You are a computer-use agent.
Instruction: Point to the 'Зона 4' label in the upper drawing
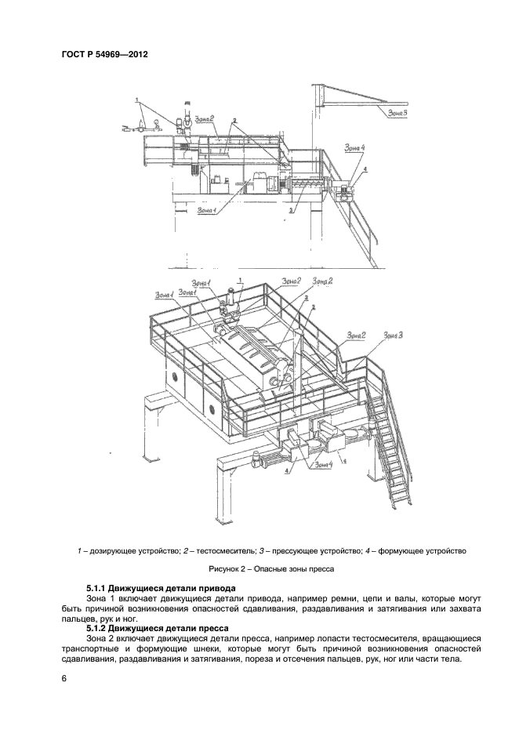coord(354,147)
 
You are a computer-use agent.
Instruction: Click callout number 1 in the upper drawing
coord(138,100)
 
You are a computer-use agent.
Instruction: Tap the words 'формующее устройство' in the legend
coord(423,550)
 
